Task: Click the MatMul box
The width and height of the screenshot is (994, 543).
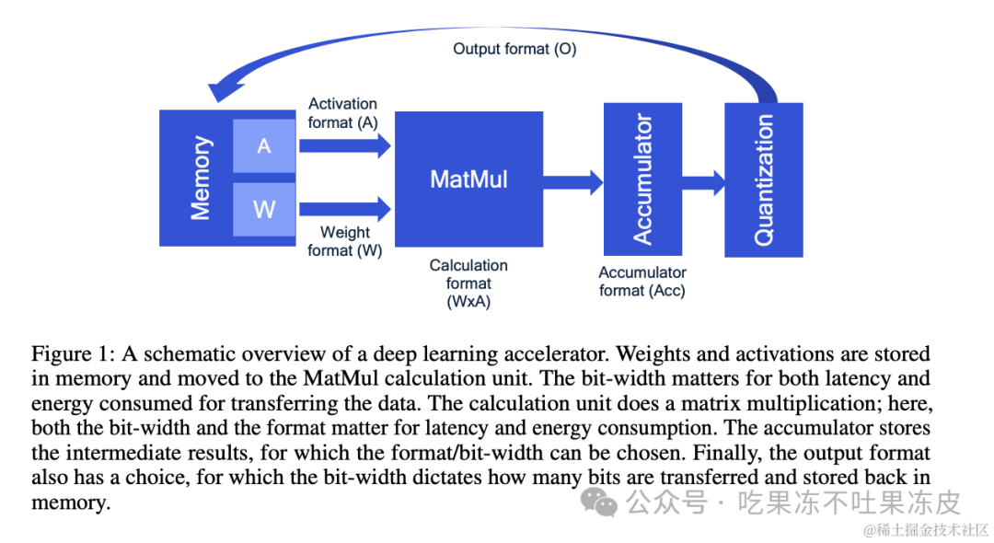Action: click(x=468, y=179)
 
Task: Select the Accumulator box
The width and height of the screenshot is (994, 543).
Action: click(x=642, y=179)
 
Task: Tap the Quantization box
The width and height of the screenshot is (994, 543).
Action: click(x=764, y=180)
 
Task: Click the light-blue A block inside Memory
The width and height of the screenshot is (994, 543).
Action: click(x=264, y=146)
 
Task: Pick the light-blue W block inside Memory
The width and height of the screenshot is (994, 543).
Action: click(x=264, y=210)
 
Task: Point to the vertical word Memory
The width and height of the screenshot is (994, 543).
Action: click(x=201, y=178)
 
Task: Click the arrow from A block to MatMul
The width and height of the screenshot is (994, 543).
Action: click(x=345, y=145)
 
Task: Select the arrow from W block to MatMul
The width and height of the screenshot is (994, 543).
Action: click(x=345, y=209)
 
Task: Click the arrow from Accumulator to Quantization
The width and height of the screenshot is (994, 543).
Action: click(x=704, y=182)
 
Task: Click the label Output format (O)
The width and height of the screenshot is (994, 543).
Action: click(x=514, y=49)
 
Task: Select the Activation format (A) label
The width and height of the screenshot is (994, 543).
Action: click(x=343, y=113)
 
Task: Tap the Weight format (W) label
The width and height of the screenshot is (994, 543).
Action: click(x=345, y=241)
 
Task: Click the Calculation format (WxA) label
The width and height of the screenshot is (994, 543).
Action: click(x=468, y=283)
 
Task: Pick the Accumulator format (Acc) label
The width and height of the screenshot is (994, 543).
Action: click(x=642, y=282)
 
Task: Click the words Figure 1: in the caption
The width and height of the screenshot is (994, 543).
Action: click(x=73, y=353)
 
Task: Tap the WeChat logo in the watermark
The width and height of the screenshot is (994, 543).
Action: click(x=599, y=503)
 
